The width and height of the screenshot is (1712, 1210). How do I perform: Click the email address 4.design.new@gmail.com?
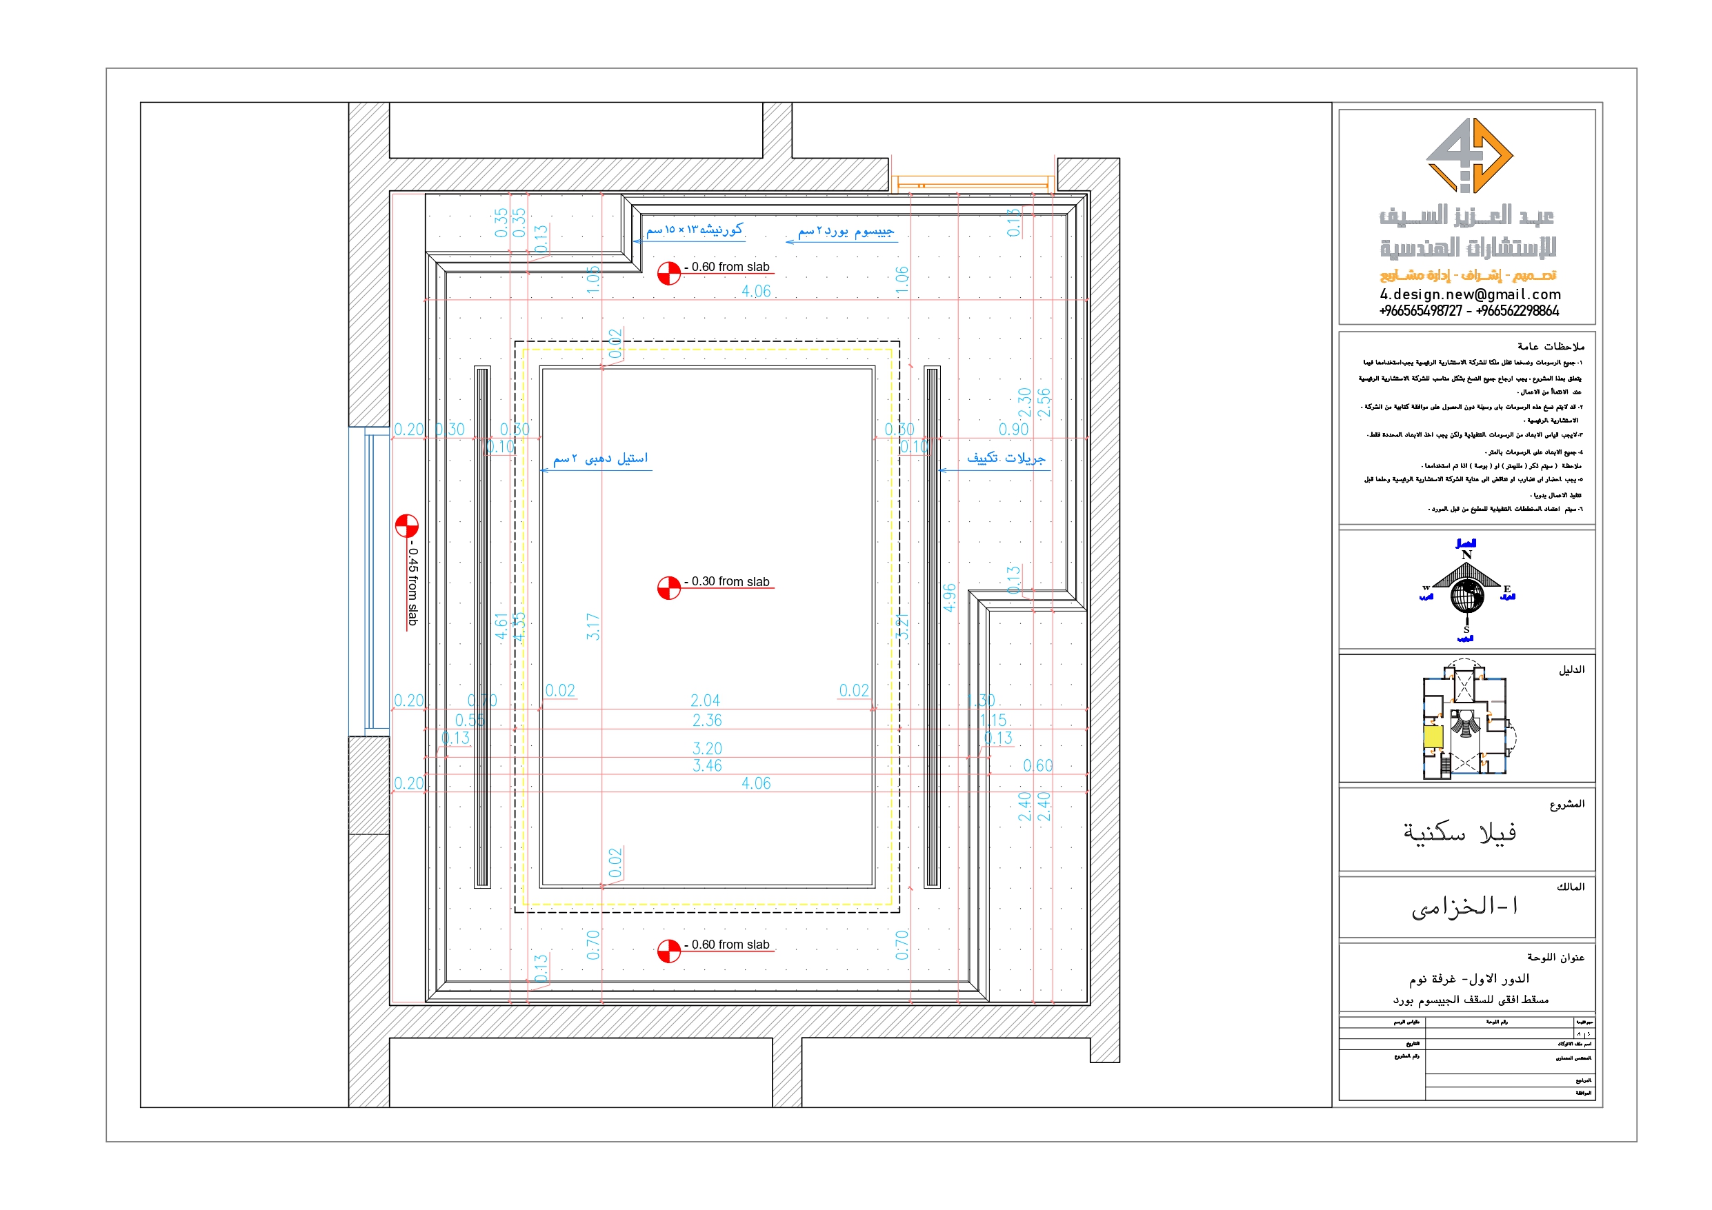click(x=1470, y=294)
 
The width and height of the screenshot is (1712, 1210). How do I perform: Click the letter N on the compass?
click(x=1466, y=555)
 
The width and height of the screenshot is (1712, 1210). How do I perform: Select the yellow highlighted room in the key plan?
click(x=1433, y=736)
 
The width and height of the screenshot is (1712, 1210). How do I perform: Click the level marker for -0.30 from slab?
click(x=669, y=587)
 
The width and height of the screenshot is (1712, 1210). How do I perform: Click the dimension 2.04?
click(x=705, y=700)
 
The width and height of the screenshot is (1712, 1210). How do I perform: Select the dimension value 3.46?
click(x=707, y=766)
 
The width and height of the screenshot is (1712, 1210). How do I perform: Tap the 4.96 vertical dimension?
click(x=949, y=597)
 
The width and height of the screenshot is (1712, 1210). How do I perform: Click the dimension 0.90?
click(x=1013, y=430)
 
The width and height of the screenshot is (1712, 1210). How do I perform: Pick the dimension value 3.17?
click(x=593, y=626)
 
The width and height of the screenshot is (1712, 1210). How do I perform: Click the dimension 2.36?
click(x=707, y=720)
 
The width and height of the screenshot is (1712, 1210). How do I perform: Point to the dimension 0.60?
click(x=1037, y=766)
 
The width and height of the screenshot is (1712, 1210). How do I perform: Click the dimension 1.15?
click(x=993, y=720)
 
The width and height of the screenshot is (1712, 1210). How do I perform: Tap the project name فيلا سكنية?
click(x=1460, y=832)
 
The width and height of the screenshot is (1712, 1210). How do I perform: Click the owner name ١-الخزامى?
click(x=1464, y=907)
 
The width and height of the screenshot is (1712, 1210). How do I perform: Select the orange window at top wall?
click(x=973, y=181)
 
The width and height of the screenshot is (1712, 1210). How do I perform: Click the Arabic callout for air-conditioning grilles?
click(x=1006, y=458)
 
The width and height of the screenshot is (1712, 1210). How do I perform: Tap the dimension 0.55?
click(x=470, y=720)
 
